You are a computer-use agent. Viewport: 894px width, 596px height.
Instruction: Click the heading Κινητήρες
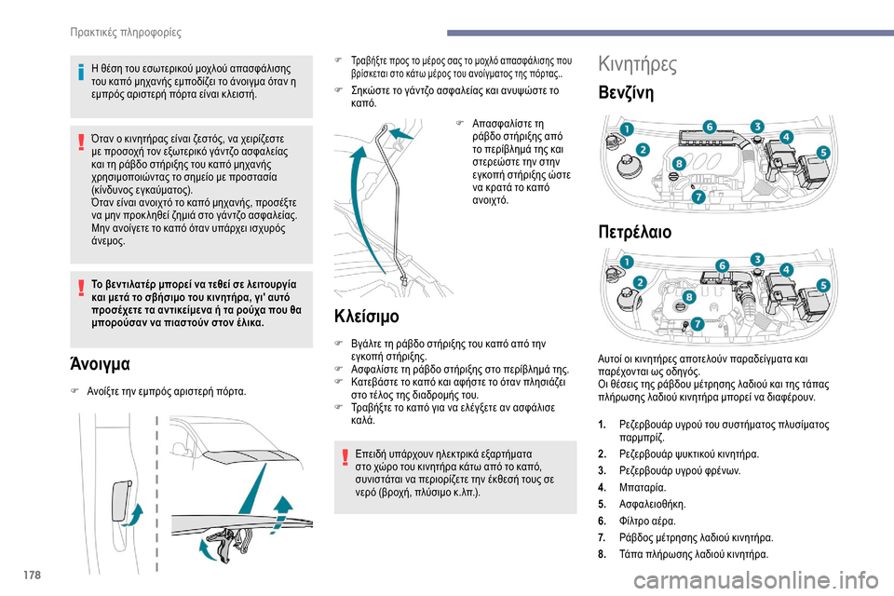[x=638, y=64]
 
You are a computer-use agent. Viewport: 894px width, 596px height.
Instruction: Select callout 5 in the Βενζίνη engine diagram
[x=823, y=151]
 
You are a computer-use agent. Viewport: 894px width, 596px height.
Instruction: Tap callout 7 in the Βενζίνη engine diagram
[x=698, y=196]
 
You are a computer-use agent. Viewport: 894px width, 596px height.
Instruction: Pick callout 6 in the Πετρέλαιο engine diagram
[x=721, y=265]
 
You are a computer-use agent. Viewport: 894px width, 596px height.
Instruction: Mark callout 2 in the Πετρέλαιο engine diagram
[x=640, y=282]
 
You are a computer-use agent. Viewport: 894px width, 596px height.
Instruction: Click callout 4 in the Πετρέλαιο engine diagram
[x=787, y=270]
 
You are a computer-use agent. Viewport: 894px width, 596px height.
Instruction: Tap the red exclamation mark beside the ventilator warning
[x=80, y=278]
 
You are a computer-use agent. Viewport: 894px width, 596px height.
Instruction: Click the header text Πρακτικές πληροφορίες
[x=125, y=33]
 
